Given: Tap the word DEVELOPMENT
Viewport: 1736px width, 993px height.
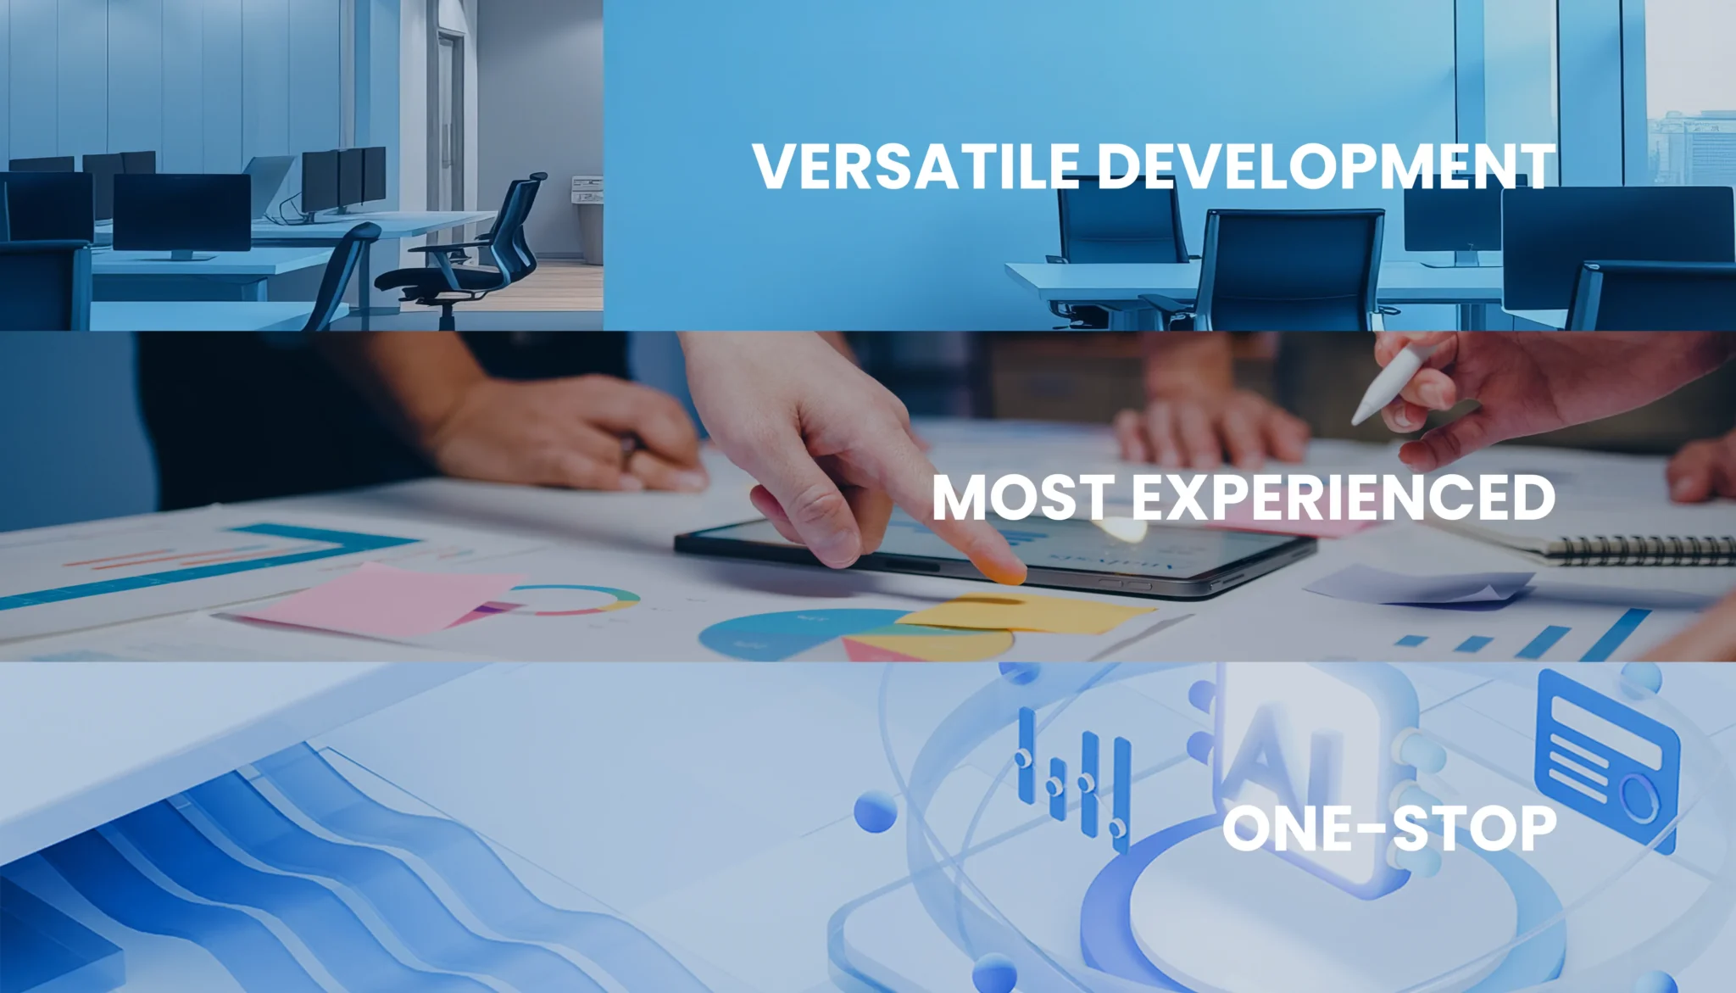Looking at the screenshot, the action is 1327,166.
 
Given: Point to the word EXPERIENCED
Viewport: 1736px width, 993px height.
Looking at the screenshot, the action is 1344,498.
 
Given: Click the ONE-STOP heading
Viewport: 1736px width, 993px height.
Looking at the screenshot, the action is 1389,828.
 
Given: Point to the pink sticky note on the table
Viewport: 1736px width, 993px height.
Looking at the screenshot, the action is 373,598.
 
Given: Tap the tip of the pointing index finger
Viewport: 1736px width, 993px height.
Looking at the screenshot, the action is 1009,576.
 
